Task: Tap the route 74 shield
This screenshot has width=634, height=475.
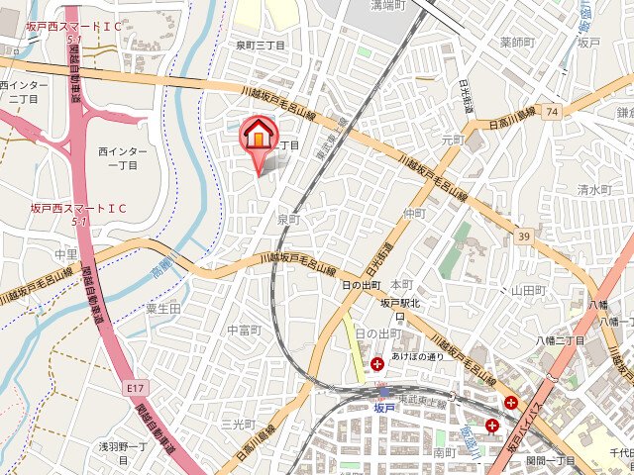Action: [550, 113]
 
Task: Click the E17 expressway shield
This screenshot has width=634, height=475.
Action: [134, 390]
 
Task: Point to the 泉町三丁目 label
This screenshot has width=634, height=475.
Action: [261, 46]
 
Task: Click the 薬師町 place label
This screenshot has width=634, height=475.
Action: [517, 42]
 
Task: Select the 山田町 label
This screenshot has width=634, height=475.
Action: [529, 290]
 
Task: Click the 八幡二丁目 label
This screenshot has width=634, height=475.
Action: [560, 340]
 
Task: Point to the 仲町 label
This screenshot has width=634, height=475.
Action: [414, 213]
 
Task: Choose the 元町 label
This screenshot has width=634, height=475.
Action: [452, 141]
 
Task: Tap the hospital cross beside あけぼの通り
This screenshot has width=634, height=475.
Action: [377, 365]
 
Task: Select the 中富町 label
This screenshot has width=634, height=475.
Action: [244, 330]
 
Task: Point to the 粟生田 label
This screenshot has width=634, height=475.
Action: [162, 309]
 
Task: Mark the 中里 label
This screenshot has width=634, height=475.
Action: [66, 254]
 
